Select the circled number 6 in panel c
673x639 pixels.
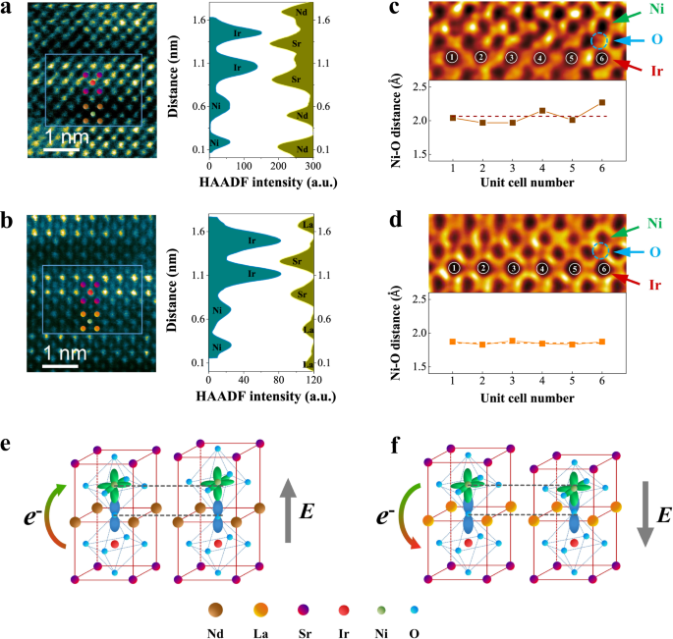601,59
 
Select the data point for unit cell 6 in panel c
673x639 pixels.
601,102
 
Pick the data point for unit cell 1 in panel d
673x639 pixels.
453,342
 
